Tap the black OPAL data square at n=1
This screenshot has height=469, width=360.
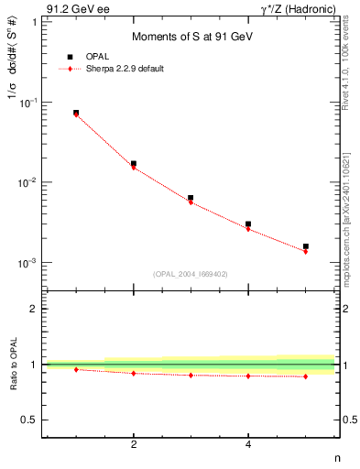[76, 113]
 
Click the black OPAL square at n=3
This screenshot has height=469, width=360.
[191, 198]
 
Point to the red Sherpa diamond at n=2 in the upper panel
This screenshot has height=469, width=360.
[134, 168]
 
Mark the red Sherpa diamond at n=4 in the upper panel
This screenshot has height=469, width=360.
[248, 229]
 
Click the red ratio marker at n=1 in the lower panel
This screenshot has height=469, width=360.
[76, 369]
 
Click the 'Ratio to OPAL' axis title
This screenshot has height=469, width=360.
[16, 365]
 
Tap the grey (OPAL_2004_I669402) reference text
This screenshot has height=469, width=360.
[190, 273]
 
